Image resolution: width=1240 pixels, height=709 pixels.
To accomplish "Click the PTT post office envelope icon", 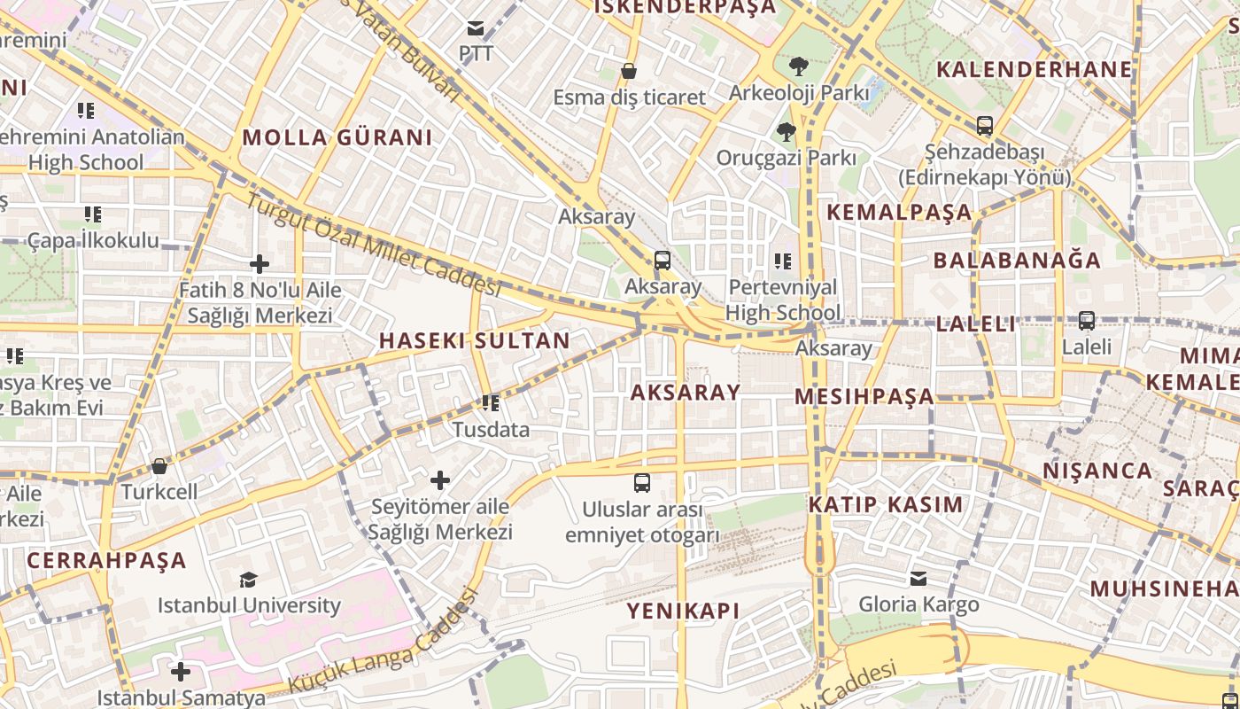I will [477, 28].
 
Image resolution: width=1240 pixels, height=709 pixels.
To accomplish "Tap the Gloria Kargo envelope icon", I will [918, 579].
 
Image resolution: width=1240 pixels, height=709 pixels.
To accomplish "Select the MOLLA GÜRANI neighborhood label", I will [337, 137].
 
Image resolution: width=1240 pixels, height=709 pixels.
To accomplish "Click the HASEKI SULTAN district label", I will [475, 341].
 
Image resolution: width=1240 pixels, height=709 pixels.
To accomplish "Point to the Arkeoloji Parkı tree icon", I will [798, 66].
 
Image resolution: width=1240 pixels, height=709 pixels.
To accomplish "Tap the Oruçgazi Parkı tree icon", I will [786, 132].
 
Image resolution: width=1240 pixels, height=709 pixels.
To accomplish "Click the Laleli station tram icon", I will [1087, 321].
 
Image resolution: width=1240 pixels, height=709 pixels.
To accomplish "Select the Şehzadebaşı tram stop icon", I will [984, 126].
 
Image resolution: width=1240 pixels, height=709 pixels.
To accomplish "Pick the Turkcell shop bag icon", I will [159, 466].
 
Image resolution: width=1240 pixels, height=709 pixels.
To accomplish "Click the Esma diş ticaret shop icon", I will [629, 71].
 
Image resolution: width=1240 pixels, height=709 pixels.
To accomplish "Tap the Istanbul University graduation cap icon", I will [248, 580].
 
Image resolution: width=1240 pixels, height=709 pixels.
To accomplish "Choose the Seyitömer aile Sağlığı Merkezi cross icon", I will [439, 480].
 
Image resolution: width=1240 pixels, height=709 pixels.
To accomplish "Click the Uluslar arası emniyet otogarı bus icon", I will [642, 483].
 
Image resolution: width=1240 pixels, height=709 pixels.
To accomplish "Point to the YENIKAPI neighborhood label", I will [683, 611].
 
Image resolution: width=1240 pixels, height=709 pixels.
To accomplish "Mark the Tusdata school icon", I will [491, 403].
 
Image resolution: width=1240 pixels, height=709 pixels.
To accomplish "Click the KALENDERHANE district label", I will [1034, 69].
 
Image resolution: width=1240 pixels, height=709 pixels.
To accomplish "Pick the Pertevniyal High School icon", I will [783, 261].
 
